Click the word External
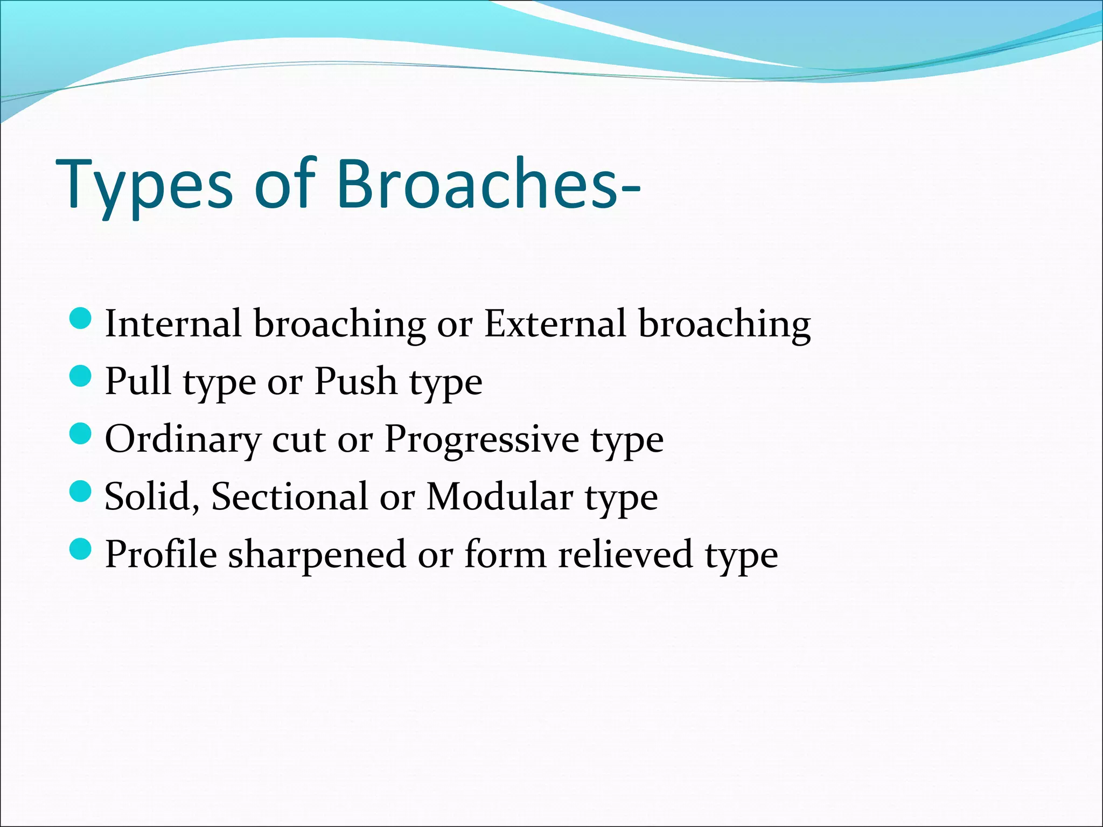pos(555,324)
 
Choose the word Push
pos(356,381)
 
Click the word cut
pos(299,439)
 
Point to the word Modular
pos(500,496)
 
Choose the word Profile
pos(161,555)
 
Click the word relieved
pos(625,555)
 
